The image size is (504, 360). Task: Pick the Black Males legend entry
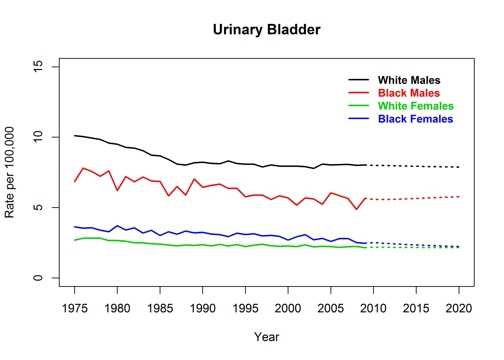point(408,93)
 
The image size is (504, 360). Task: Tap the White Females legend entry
point(415,106)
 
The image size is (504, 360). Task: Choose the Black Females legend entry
point(414,119)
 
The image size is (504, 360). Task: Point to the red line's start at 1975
point(75,181)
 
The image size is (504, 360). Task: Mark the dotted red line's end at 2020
point(457,196)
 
